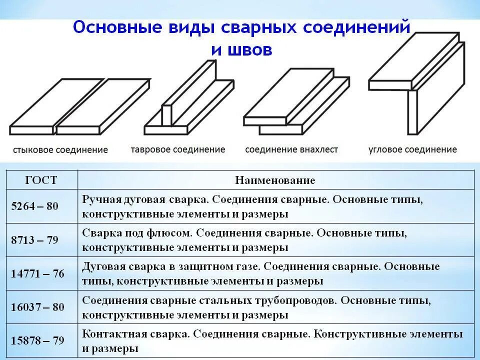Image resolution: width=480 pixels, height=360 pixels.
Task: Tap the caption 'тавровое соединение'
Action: coord(178,149)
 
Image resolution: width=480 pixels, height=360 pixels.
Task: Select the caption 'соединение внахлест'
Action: coord(291,149)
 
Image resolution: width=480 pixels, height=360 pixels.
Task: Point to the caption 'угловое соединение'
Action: coord(412,149)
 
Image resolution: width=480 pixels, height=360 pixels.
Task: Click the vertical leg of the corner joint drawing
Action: coord(412,112)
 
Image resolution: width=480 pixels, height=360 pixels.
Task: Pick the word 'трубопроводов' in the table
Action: coord(285,301)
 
